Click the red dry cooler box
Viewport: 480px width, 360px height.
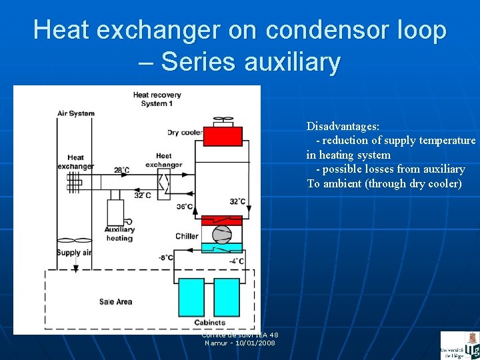(x=223, y=137)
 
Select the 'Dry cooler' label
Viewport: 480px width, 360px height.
(x=184, y=133)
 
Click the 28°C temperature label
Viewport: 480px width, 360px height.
(x=121, y=171)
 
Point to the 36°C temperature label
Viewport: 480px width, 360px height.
(x=185, y=207)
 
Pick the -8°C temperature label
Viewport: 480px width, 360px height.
(x=166, y=257)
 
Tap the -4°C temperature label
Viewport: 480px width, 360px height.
(x=236, y=261)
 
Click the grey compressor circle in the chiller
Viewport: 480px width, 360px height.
(x=221, y=234)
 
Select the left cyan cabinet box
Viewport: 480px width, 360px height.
(x=191, y=297)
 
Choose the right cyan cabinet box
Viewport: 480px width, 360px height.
(x=226, y=297)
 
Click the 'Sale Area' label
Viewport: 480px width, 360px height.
(x=115, y=301)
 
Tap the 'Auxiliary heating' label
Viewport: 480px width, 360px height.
(x=119, y=234)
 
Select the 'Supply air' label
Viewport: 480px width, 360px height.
(x=73, y=253)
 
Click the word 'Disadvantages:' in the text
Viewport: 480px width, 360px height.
(x=343, y=126)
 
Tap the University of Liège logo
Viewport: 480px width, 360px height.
(x=459, y=345)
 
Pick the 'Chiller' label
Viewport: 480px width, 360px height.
(x=187, y=236)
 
